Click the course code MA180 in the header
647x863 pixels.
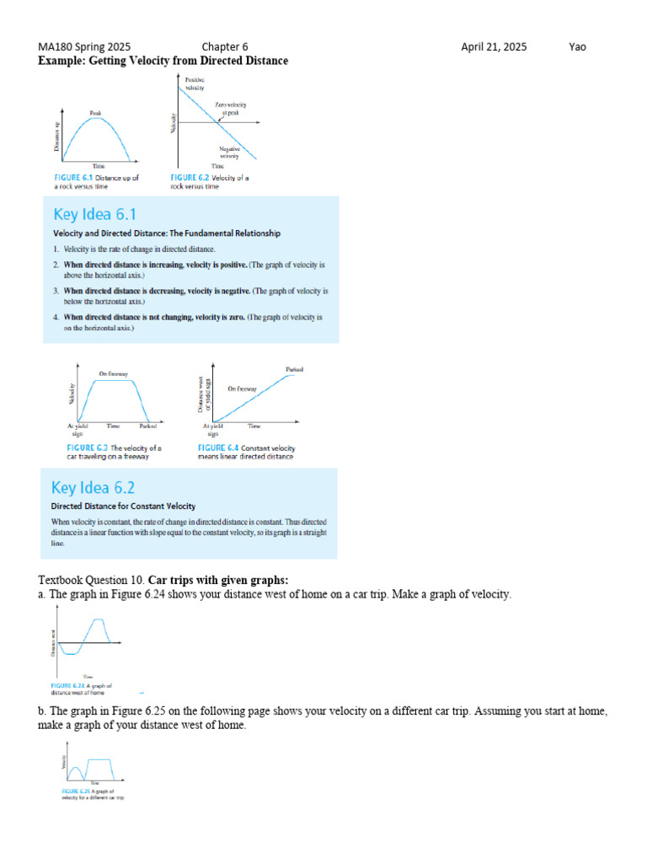click(x=56, y=47)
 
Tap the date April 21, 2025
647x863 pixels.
click(x=494, y=47)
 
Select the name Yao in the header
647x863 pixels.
click(x=577, y=47)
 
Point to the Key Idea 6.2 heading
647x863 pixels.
click(x=94, y=487)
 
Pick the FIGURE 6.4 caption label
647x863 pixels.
click(x=218, y=448)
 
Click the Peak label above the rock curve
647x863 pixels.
click(x=96, y=112)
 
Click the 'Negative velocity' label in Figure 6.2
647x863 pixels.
click(x=229, y=153)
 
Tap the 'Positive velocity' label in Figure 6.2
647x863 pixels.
click(x=195, y=83)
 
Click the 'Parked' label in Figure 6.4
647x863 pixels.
click(x=294, y=370)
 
